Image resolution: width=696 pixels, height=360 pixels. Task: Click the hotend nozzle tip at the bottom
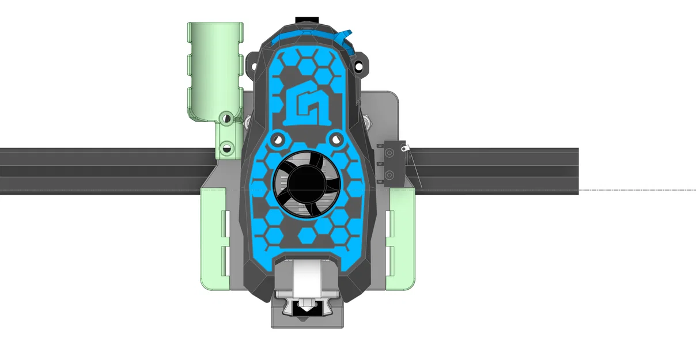click(307, 310)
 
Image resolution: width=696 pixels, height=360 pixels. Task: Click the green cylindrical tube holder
click(214, 69)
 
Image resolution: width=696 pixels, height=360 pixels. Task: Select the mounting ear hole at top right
click(360, 66)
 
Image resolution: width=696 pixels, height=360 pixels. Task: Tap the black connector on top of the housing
click(307, 21)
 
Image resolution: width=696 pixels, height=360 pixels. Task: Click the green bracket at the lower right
click(400, 242)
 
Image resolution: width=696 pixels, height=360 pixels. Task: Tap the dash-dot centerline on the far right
click(640, 190)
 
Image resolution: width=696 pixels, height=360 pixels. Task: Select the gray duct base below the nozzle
click(307, 321)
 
